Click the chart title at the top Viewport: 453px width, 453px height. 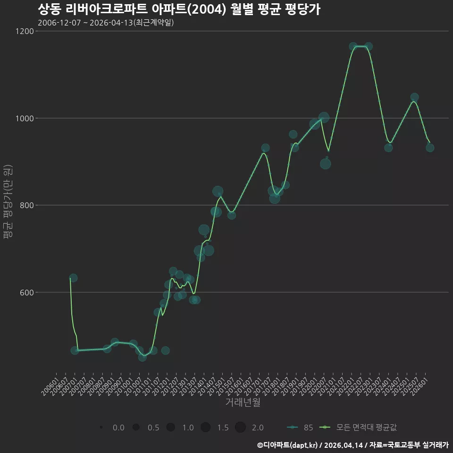pos(179,9)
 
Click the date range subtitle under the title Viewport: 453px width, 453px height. pos(106,23)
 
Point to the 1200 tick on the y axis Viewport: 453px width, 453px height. pos(25,31)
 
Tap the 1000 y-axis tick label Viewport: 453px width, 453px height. pos(25,118)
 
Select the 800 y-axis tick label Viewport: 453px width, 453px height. pos(27,205)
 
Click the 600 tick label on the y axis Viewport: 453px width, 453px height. pos(27,293)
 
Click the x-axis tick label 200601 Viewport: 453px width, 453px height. pos(50,386)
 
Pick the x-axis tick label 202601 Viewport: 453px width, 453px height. pos(419,386)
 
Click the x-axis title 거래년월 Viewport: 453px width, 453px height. pos(243,402)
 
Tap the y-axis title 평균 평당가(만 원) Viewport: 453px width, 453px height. pos(8,201)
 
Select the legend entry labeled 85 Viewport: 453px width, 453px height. pos(300,428)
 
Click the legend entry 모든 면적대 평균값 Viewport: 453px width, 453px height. pos(358,428)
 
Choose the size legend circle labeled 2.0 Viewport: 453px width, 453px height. pos(240,427)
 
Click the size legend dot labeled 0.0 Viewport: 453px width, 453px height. pos(101,427)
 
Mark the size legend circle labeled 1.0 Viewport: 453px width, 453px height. pos(171,427)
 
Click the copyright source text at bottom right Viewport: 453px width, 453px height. pos(353,445)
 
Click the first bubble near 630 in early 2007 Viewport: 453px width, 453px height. pos(74,278)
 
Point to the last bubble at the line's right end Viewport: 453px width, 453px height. pos(430,148)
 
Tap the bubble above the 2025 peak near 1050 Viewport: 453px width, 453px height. pos(415,97)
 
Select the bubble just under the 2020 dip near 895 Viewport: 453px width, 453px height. pos(325,164)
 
